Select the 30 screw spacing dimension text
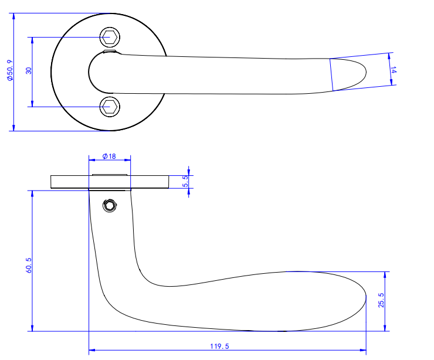tap(29, 71)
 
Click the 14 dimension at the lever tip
tap(394, 69)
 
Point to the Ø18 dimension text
tap(109, 157)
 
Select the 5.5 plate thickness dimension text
tap(186, 181)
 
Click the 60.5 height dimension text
tap(29, 265)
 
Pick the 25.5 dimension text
tap(381, 301)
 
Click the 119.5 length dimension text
tap(219, 347)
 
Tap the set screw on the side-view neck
tap(109, 205)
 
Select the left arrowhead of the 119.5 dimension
tap(91, 351)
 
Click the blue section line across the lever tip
tap(331, 74)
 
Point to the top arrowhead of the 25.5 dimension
tap(386, 275)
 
